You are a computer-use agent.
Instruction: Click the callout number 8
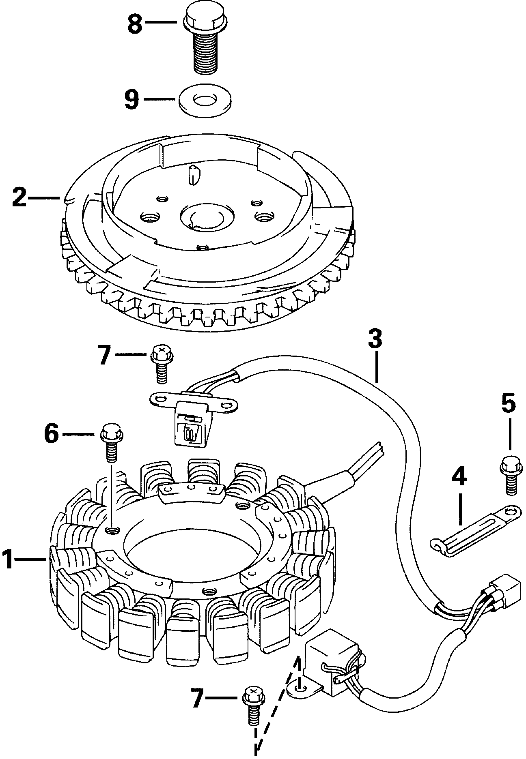coord(135,24)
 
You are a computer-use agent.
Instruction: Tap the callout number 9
coord(131,99)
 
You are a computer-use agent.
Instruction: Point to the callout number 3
coord(376,339)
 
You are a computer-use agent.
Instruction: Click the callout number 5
coord(509,403)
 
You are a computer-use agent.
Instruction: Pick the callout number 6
coord(52,434)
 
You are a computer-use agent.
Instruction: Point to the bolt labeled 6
coord(111,443)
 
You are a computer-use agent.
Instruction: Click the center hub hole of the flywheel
coord(203,217)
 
